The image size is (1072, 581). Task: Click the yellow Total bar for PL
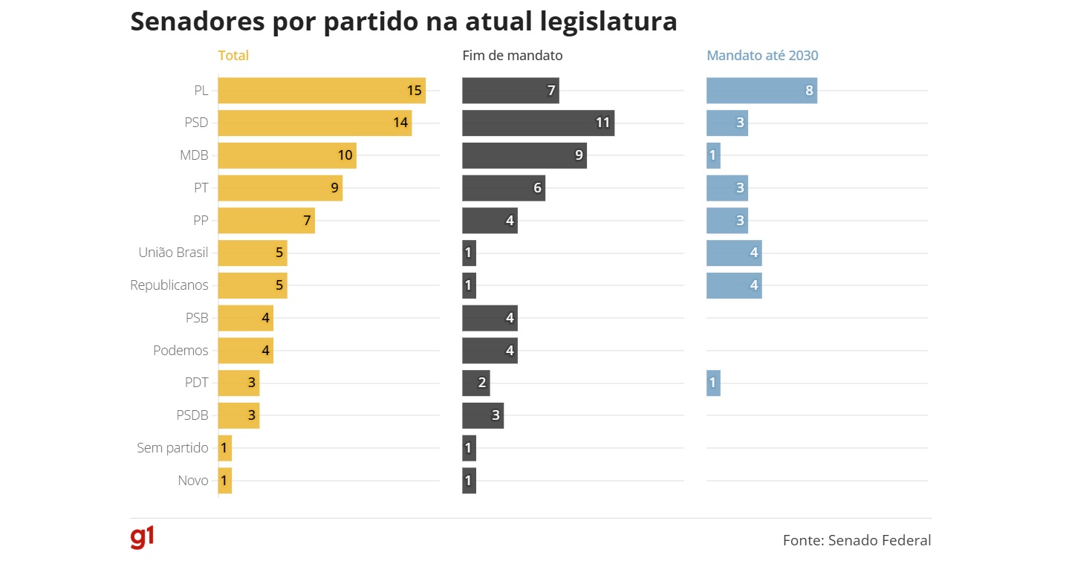point(321,91)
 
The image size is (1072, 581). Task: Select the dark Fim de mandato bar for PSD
point(538,123)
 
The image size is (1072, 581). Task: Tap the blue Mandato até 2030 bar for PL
point(761,91)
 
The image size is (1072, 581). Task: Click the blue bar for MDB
point(713,156)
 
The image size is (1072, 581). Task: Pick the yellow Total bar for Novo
point(225,481)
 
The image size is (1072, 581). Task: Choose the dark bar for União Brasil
point(469,253)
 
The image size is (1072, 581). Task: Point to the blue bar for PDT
point(713,383)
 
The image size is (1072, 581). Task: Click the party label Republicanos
point(169,285)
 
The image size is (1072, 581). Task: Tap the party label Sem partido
point(172,448)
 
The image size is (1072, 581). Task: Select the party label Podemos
point(181,351)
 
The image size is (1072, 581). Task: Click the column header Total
point(233,56)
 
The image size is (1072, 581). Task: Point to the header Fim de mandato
point(512,56)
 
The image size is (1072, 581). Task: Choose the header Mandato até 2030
point(762,56)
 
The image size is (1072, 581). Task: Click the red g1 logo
point(142,538)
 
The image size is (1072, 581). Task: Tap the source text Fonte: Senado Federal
point(857,541)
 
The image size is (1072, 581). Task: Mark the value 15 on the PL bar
point(414,91)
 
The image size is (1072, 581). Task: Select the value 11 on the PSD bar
point(602,123)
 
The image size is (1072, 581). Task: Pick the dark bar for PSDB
point(483,416)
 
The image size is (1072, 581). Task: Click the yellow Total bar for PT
point(280,189)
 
